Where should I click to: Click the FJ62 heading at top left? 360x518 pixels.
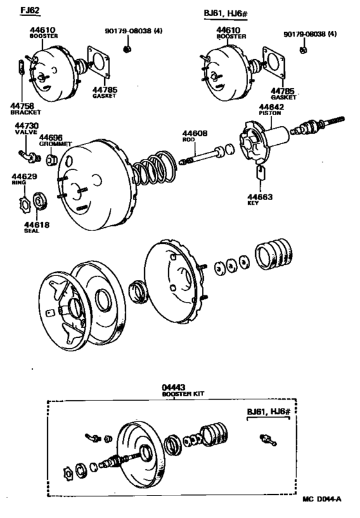coord(30,12)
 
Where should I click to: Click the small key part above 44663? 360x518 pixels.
coord(260,171)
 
